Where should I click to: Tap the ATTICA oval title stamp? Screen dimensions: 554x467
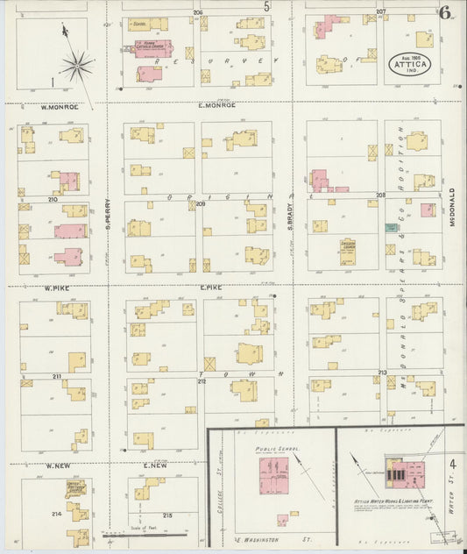[409, 64]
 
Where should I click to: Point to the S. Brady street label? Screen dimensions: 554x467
[288, 217]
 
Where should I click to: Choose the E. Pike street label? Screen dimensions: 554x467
[210, 287]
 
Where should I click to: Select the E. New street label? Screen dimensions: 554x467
[153, 465]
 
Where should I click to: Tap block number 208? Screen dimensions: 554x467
[380, 195]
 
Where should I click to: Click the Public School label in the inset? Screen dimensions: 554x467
[277, 449]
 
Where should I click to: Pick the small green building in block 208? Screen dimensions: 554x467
[389, 227]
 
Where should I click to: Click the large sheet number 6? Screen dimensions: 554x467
[446, 12]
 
